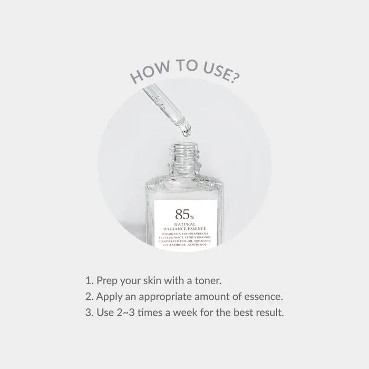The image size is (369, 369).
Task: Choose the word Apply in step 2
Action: (x=109, y=295)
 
